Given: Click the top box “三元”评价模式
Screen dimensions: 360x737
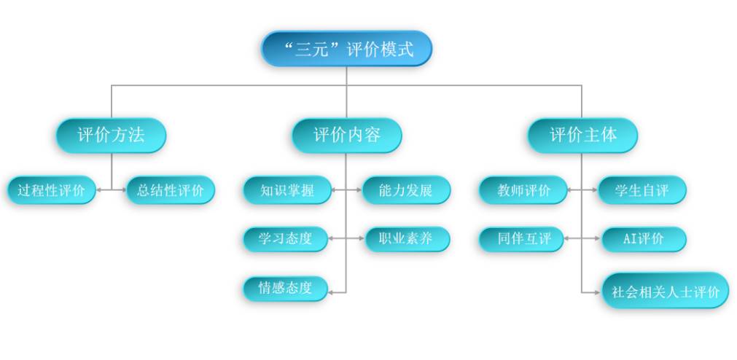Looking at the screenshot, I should click(346, 49).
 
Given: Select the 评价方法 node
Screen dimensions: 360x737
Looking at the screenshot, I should click(112, 135).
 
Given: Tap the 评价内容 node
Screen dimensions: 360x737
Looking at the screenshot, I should click(346, 135).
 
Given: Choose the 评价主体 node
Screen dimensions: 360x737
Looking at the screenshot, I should click(582, 135).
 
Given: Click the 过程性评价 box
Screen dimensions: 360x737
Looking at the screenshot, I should click(52, 191).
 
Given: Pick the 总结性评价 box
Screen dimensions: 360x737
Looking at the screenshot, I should click(171, 191).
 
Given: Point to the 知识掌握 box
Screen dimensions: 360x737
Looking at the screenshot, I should click(286, 191).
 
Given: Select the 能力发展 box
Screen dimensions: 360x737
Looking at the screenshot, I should click(406, 191).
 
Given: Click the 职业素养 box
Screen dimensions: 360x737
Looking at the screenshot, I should click(406, 239).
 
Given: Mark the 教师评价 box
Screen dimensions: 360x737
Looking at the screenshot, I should click(523, 191).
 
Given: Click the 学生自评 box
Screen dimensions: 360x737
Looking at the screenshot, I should click(642, 191).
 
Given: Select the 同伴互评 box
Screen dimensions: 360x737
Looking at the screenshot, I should click(522, 239).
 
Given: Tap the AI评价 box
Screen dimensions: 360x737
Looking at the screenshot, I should click(643, 239).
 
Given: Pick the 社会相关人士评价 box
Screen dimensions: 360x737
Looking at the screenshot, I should click(665, 291).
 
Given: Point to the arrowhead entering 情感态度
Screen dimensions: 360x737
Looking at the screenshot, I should click(332, 291).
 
